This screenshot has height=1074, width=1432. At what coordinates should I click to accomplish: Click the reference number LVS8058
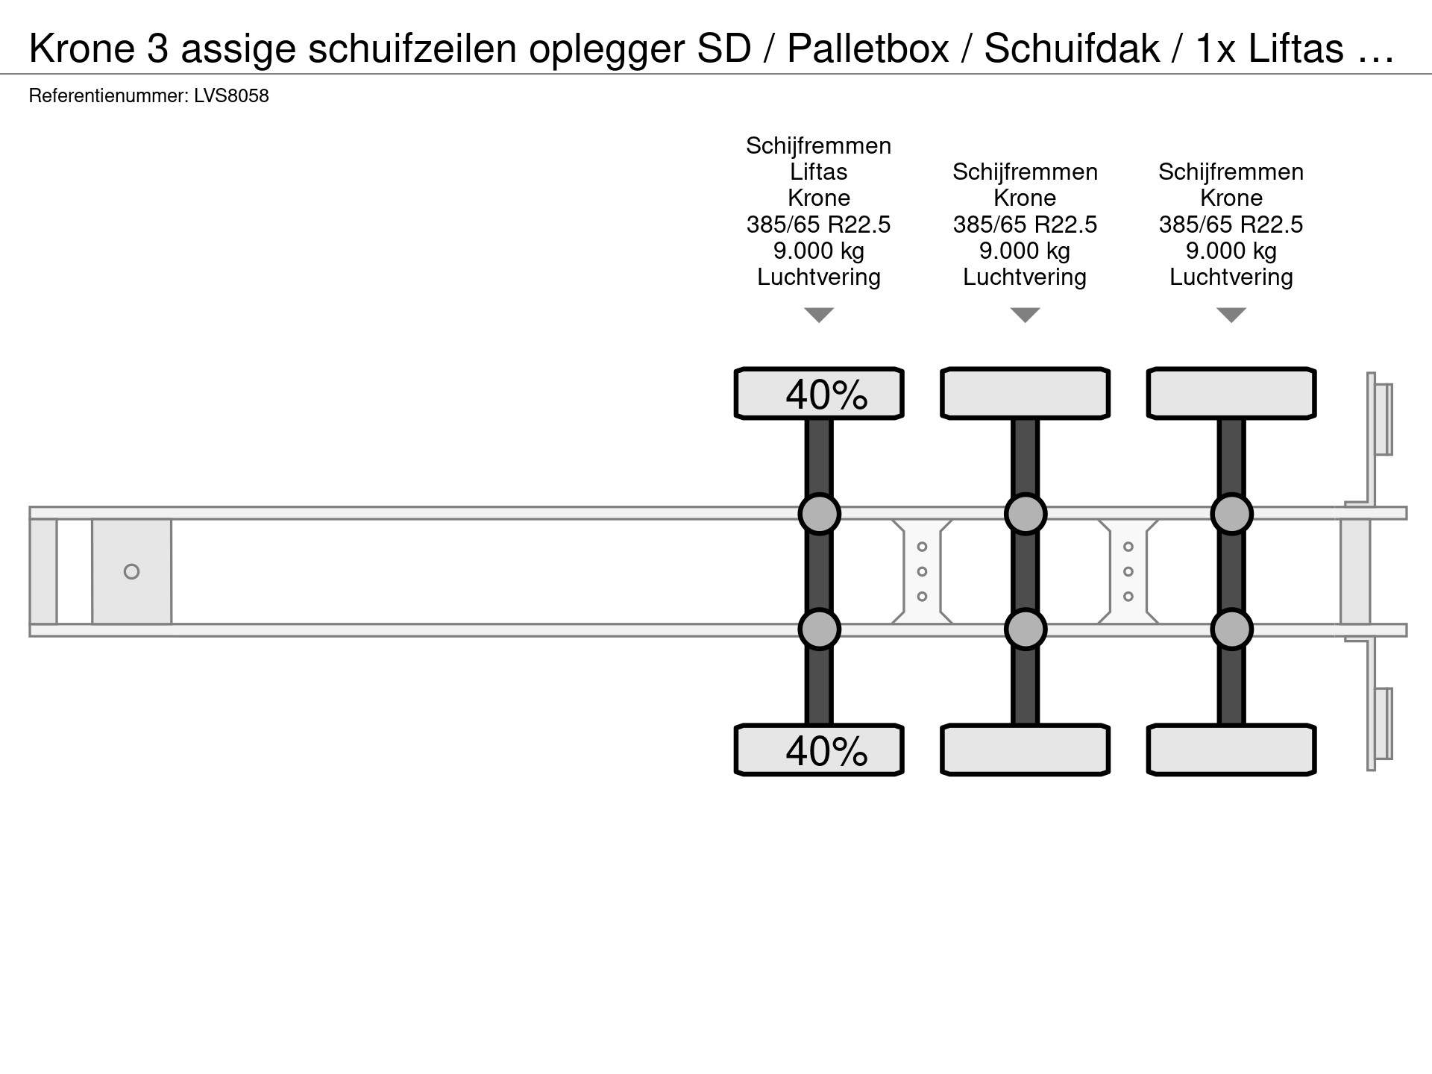tap(231, 96)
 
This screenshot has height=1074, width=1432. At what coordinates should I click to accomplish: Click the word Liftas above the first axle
tap(819, 172)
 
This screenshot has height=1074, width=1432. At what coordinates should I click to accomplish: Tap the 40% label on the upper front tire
tap(826, 394)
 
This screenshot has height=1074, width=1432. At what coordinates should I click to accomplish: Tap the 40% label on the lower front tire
tap(826, 750)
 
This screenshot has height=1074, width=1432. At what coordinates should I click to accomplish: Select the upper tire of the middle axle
tap(1026, 393)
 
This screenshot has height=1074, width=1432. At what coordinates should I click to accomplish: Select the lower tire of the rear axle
tap(1231, 750)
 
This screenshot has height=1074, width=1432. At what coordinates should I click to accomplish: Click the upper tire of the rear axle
tap(1231, 393)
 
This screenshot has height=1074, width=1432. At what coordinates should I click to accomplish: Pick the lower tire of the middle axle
tap(1026, 750)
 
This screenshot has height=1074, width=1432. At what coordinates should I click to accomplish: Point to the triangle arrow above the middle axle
tap(1026, 315)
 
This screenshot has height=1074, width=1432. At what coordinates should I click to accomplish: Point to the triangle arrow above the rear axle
tap(1231, 315)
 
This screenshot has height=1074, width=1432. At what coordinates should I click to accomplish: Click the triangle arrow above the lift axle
tap(819, 315)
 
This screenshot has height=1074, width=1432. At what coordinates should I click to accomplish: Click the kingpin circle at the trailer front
tap(131, 571)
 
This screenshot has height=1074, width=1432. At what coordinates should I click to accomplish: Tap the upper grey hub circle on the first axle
tap(819, 514)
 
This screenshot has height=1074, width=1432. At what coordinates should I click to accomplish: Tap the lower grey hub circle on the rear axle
tap(1231, 629)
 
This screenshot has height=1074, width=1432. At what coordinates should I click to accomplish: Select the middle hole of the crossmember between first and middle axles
tap(922, 571)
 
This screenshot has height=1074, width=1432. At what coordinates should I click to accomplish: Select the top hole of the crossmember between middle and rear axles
tap(1128, 547)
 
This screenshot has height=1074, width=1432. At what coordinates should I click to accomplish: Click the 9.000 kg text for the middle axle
tap(1025, 251)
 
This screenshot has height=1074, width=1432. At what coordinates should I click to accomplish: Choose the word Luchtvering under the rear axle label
tap(1231, 277)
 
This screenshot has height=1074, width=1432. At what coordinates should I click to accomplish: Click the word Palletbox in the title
tap(868, 48)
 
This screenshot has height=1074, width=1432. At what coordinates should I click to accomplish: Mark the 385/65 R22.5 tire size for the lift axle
tap(819, 224)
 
